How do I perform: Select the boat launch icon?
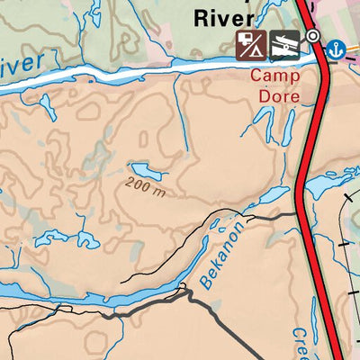(283, 43)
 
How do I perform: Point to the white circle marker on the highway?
(312, 36)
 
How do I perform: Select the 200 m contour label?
(146, 190)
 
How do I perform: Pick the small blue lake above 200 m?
(142, 170)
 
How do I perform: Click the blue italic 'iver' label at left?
(20, 67)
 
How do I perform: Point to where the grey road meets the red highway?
(299, 213)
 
